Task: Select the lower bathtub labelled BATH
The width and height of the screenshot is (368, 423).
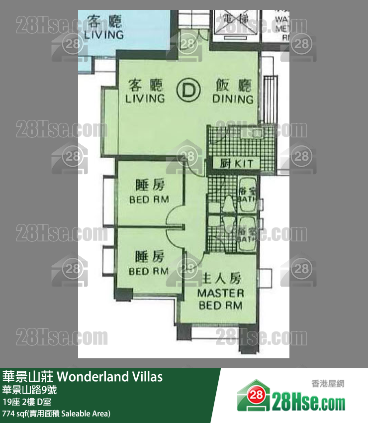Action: (247, 231)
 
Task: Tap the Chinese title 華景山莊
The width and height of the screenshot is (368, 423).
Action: (28, 377)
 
